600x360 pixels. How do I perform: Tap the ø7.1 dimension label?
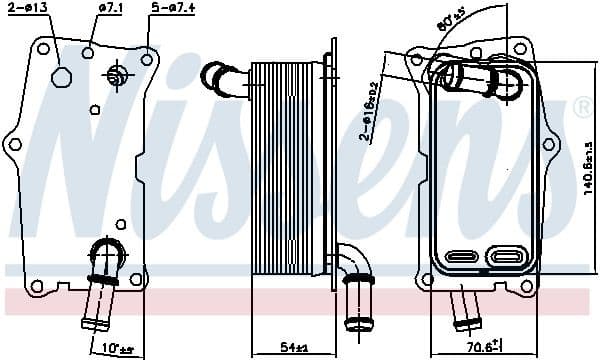110,10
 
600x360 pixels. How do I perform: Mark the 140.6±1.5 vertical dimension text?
589,175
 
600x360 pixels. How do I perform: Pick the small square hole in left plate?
94,109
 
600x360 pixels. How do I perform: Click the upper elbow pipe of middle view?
222,79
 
